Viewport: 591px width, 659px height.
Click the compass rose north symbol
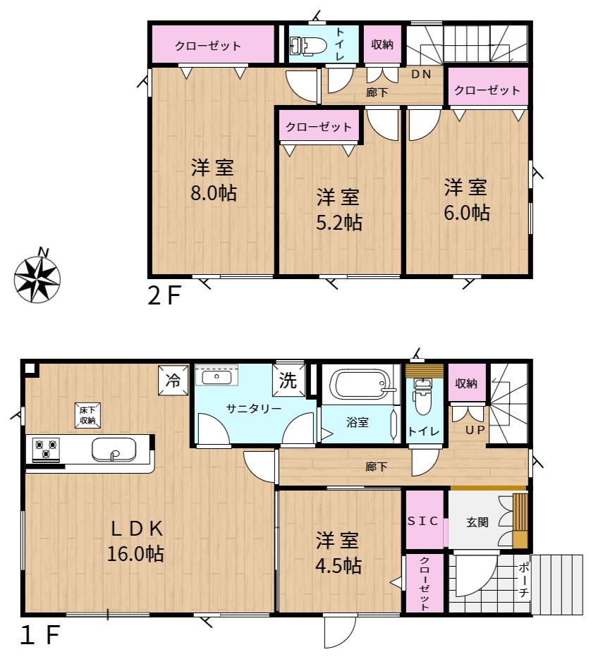click(37, 278)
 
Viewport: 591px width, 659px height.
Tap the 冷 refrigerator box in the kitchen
click(173, 381)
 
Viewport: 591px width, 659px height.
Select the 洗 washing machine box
click(288, 380)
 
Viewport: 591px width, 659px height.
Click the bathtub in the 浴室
click(362, 383)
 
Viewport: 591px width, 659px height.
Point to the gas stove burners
click(45, 448)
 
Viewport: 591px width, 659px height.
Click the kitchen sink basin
click(114, 450)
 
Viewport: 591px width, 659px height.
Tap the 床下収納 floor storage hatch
click(87, 416)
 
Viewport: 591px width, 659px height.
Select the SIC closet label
click(422, 521)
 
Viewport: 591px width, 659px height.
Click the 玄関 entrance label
click(477, 522)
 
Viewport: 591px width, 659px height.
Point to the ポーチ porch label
click(524, 579)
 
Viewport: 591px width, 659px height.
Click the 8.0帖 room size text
click(214, 193)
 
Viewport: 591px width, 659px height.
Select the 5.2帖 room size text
click(339, 223)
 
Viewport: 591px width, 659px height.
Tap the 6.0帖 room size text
click(467, 212)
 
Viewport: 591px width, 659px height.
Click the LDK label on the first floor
click(137, 529)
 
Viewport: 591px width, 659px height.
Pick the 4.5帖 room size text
click(339, 566)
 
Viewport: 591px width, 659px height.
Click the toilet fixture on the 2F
click(308, 45)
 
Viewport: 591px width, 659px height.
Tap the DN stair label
click(421, 75)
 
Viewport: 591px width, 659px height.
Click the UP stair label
click(475, 429)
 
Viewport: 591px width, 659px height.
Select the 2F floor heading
click(164, 295)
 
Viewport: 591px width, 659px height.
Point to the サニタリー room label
click(254, 409)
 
